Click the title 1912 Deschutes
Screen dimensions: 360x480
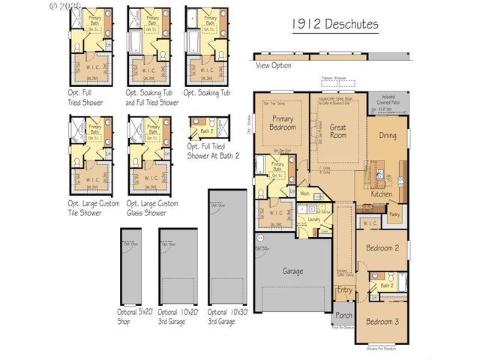(x=335, y=24)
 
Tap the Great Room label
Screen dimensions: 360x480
(x=338, y=131)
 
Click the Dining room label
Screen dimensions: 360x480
(x=388, y=136)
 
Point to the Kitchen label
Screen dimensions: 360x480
(x=382, y=194)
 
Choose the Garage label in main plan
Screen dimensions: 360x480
(x=293, y=271)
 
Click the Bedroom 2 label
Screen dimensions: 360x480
(x=382, y=247)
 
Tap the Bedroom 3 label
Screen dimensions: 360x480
(x=382, y=321)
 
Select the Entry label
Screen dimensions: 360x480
(x=344, y=289)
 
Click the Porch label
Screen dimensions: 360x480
(x=343, y=315)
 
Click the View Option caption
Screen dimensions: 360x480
(x=273, y=65)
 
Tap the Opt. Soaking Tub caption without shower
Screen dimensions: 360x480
(x=208, y=92)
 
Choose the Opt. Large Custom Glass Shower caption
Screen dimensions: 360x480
(x=152, y=208)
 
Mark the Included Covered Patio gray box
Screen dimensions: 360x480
(x=388, y=101)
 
